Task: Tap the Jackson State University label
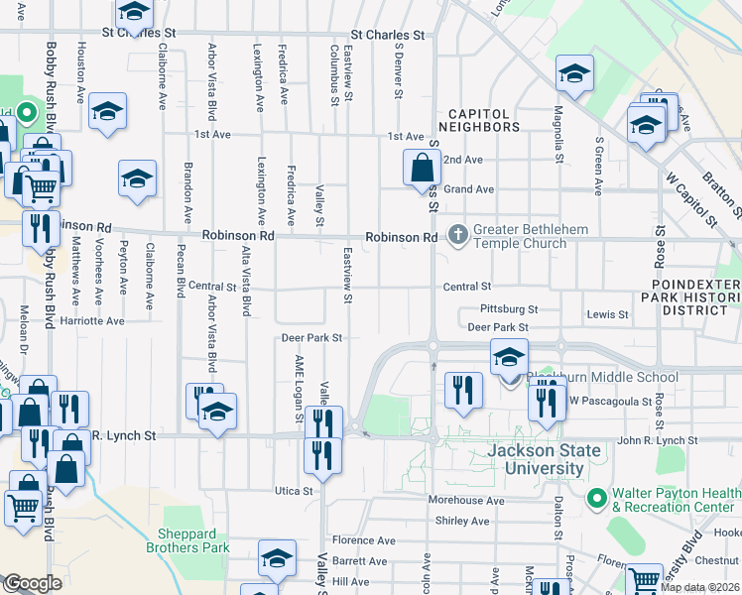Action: [545, 459]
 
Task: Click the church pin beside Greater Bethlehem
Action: [457, 236]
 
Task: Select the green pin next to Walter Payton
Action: [596, 497]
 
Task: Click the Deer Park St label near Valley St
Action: [311, 338]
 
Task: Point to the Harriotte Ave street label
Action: [90, 321]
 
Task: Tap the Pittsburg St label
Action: [508, 309]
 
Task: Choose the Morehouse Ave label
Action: [466, 501]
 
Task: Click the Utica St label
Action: [294, 491]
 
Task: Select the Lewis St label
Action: [608, 314]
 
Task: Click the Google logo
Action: [32, 583]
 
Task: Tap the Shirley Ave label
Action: [462, 521]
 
